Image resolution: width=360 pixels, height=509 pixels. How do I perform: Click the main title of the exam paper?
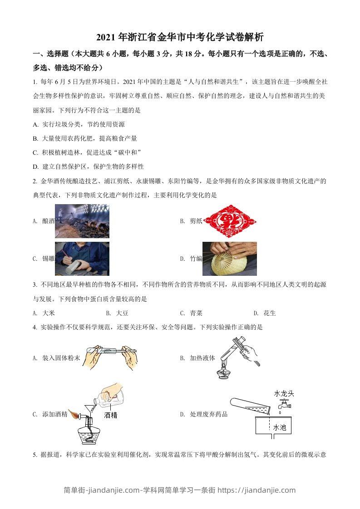pos(180,37)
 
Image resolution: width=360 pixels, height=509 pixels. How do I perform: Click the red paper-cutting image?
pos(230,221)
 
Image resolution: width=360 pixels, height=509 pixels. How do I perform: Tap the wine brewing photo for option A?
pos(82,221)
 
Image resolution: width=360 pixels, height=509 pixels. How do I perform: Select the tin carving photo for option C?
pos(82,259)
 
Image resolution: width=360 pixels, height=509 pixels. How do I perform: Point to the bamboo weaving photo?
pos(229,259)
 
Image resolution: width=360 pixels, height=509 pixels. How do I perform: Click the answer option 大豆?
pos(122,313)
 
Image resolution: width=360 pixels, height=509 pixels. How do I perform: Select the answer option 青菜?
pos(196,313)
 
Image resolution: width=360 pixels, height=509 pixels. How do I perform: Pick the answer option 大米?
pos(49,313)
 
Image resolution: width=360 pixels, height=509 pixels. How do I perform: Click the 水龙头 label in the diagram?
pos(284,393)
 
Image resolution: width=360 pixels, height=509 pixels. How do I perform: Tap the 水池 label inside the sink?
pos(279,427)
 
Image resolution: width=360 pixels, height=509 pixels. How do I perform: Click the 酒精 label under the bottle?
pos(110,415)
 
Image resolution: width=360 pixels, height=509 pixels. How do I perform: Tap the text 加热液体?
pos(202,358)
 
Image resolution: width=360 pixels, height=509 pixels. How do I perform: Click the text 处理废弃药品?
pos(208,414)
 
